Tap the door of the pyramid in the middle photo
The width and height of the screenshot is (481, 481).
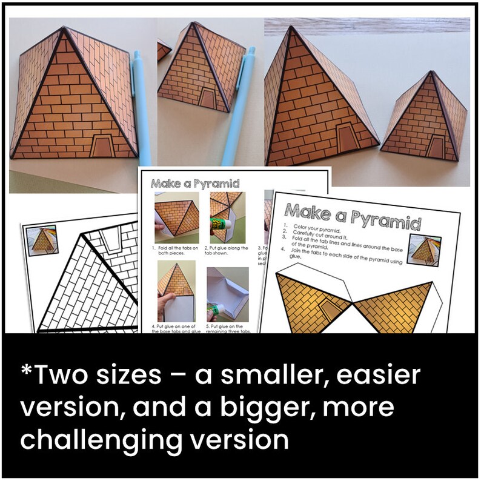pyautogui.click(x=207, y=99)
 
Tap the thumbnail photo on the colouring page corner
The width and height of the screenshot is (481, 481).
pyautogui.click(x=41, y=240)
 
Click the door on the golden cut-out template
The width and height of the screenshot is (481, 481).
pyautogui.click(x=327, y=311)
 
